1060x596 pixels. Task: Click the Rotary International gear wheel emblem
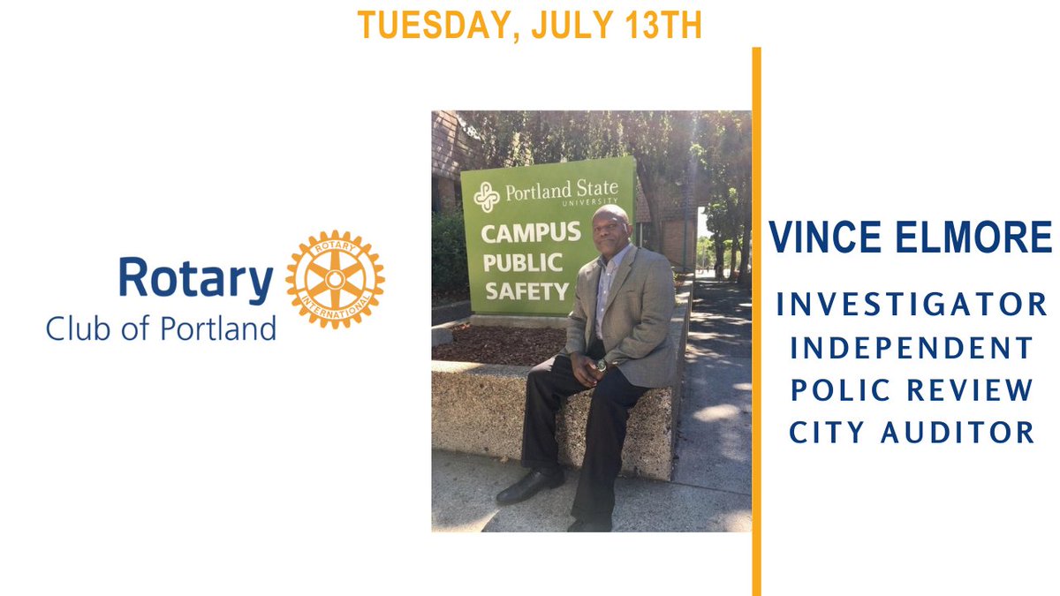pyautogui.click(x=335, y=280)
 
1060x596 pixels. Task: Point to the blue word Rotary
pyautogui.click(x=195, y=280)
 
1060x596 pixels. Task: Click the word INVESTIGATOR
pyautogui.click(x=912, y=306)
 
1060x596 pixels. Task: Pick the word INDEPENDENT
pyautogui.click(x=912, y=348)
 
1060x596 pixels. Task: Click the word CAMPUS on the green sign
pyautogui.click(x=530, y=234)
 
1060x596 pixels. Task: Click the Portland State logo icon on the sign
pyautogui.click(x=486, y=196)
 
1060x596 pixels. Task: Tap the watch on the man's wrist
pyautogui.click(x=601, y=364)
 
